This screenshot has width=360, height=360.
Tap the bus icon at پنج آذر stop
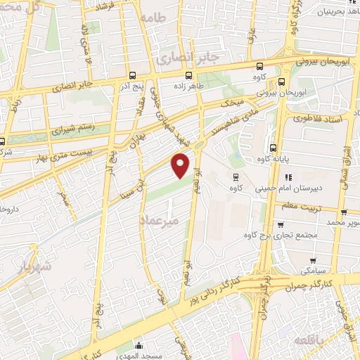[x=133, y=75]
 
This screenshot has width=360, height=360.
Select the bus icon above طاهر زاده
[x=188, y=75]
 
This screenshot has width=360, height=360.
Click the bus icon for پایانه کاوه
[x=273, y=148]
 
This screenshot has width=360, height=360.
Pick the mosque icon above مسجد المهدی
[x=139, y=345]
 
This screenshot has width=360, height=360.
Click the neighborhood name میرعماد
[x=166, y=221]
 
